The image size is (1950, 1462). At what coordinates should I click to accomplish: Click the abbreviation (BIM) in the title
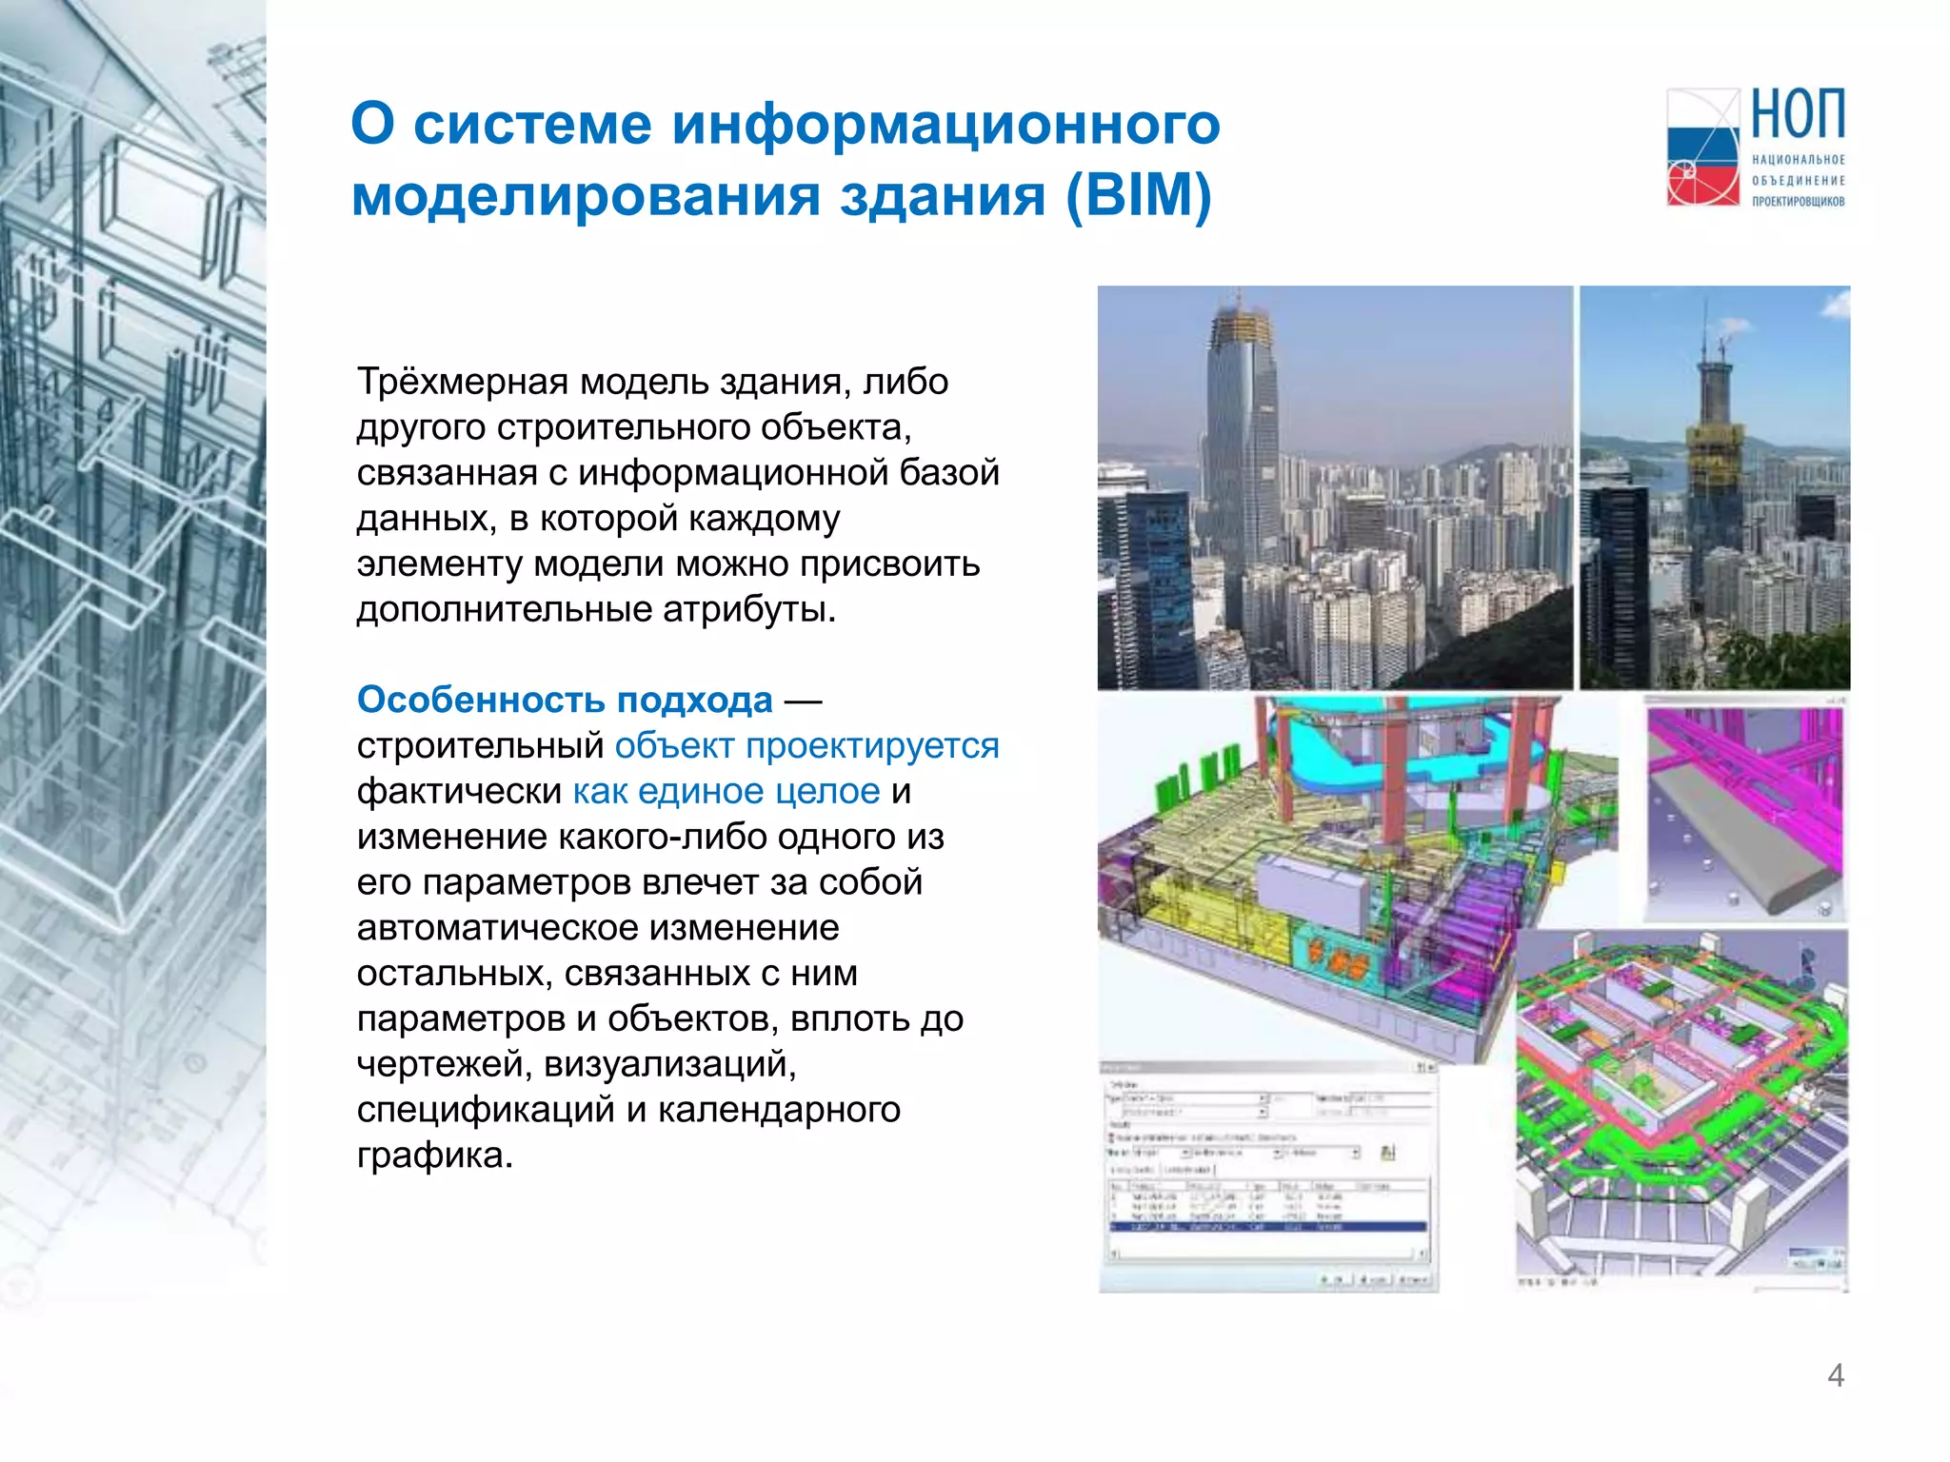point(1138,195)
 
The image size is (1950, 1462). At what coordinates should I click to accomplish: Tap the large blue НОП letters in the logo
point(1798,114)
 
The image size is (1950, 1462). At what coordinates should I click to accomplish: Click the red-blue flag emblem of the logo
point(1702,148)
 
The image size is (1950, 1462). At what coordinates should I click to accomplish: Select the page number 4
point(1836,1375)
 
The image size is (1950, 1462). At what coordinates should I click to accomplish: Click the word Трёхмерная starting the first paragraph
point(463,382)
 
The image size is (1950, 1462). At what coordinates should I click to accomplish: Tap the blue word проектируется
point(872,745)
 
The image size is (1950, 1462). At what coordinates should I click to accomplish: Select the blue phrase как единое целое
point(726,791)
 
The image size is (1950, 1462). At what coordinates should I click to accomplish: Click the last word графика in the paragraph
point(434,1156)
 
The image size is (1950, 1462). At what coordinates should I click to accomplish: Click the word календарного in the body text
point(779,1110)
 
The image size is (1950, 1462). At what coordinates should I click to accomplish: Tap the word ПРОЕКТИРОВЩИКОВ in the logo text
point(1798,201)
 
